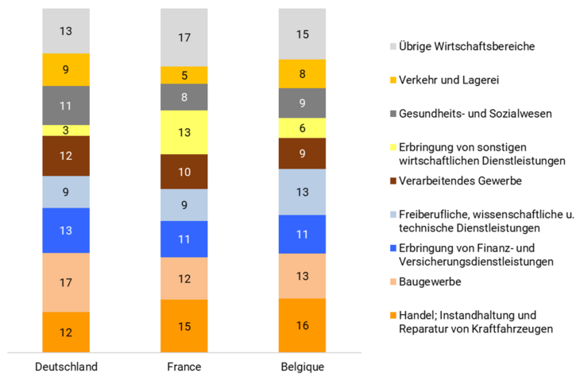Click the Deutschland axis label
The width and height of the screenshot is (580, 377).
pyautogui.click(x=66, y=367)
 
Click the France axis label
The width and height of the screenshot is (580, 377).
pyautogui.click(x=184, y=367)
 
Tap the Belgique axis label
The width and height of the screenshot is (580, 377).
pyautogui.click(x=302, y=367)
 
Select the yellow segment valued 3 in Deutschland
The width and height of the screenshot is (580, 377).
pyautogui.click(x=66, y=130)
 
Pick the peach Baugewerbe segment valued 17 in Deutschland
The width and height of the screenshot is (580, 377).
pyautogui.click(x=66, y=282)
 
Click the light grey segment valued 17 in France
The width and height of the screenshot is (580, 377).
pyautogui.click(x=184, y=37)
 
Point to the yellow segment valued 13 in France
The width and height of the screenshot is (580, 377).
pyautogui.click(x=184, y=132)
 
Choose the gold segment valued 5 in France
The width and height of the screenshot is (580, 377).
pyautogui.click(x=184, y=75)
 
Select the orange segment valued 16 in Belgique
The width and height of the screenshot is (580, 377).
pyautogui.click(x=302, y=325)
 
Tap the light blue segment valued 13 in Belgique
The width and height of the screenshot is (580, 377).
pyautogui.click(x=302, y=192)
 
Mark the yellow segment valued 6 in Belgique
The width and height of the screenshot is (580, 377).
pyautogui.click(x=302, y=127)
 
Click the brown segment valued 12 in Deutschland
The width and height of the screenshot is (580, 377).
pyautogui.click(x=66, y=155)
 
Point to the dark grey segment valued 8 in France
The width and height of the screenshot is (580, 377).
pyautogui.click(x=184, y=97)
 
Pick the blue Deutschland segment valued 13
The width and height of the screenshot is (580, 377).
pyautogui.click(x=66, y=230)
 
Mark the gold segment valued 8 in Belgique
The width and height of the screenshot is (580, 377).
pyautogui.click(x=302, y=73)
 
